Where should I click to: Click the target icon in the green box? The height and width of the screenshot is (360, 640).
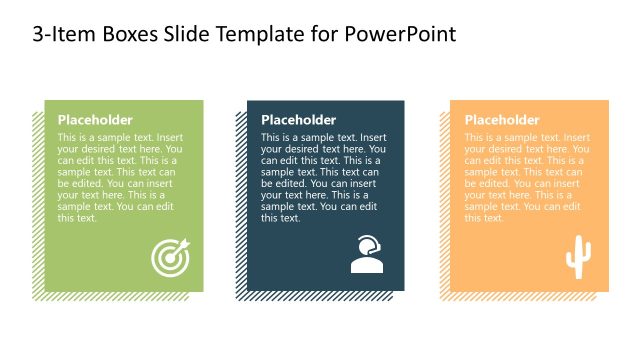coord(169,258)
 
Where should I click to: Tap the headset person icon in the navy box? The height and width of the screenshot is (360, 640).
coord(367,255)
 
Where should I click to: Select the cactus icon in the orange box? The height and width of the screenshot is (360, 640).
coord(578,258)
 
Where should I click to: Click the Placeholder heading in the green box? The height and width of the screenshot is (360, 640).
coord(95,119)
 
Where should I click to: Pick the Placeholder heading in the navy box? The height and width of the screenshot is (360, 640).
coord(298,119)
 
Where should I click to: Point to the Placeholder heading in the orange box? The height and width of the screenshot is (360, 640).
coord(502,119)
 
